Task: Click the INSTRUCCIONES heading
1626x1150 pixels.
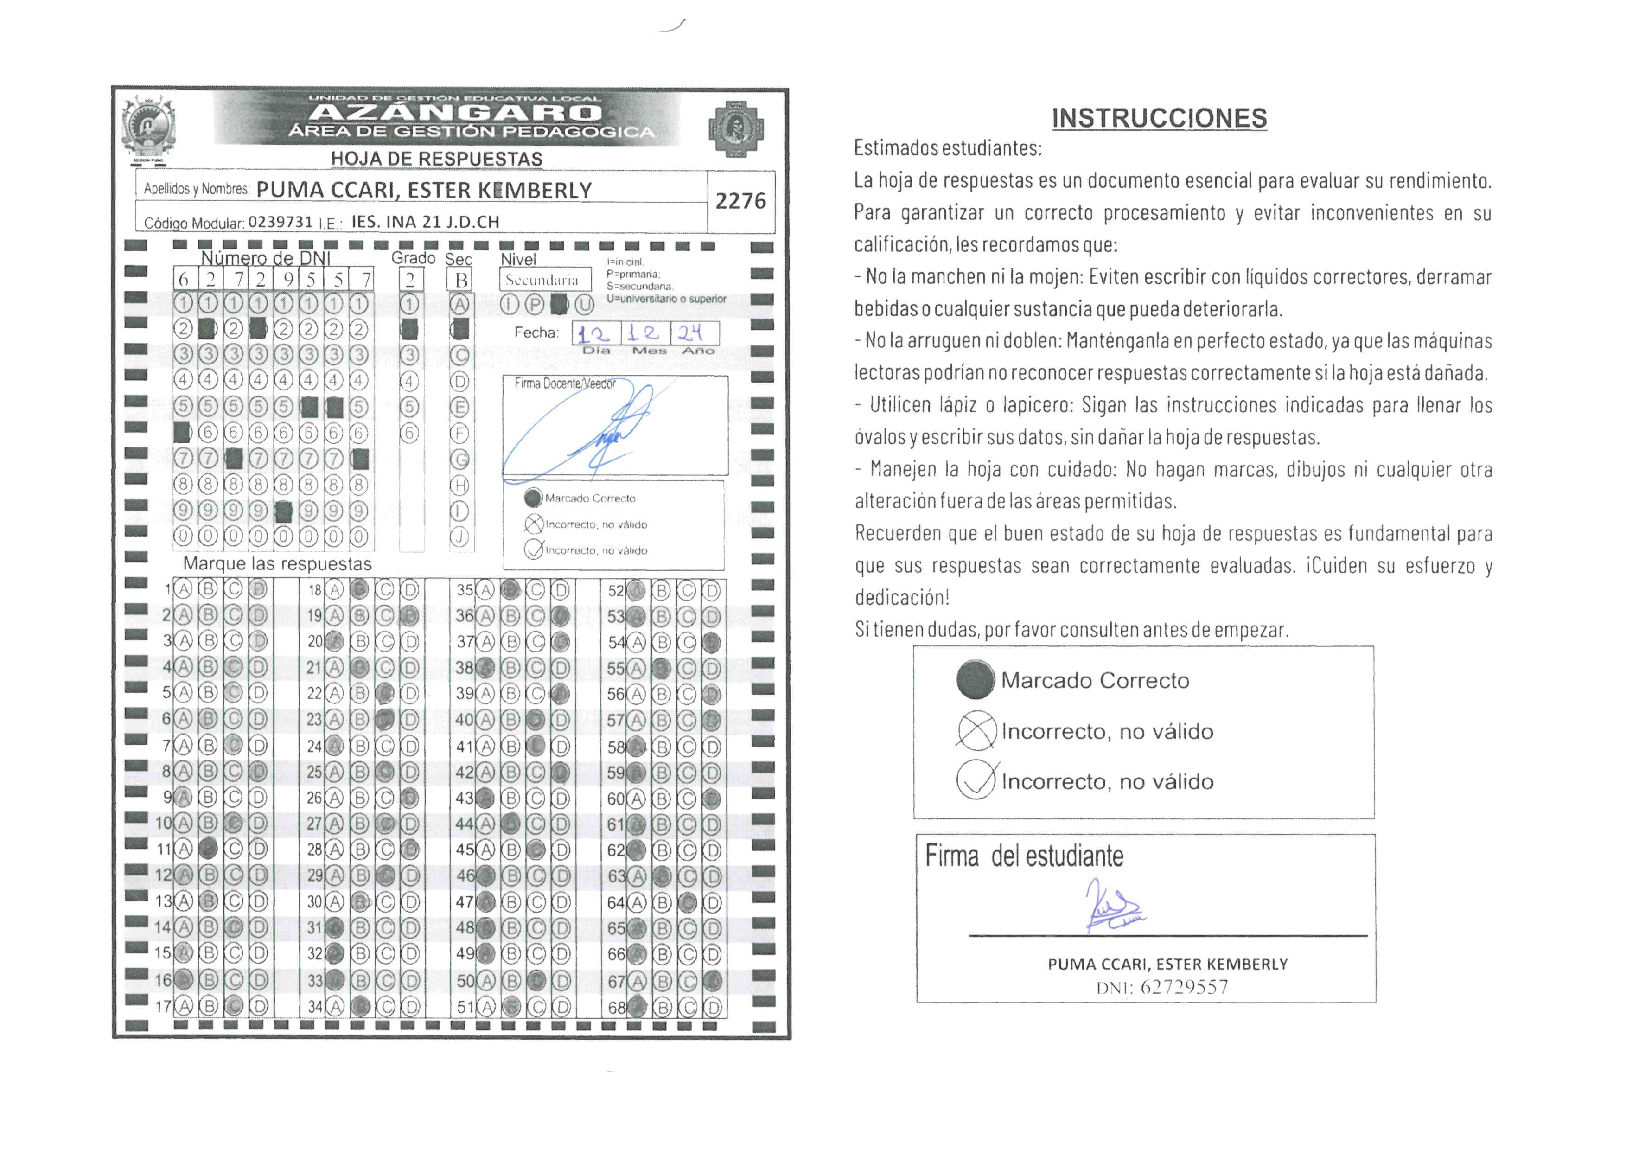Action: click(x=1159, y=118)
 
